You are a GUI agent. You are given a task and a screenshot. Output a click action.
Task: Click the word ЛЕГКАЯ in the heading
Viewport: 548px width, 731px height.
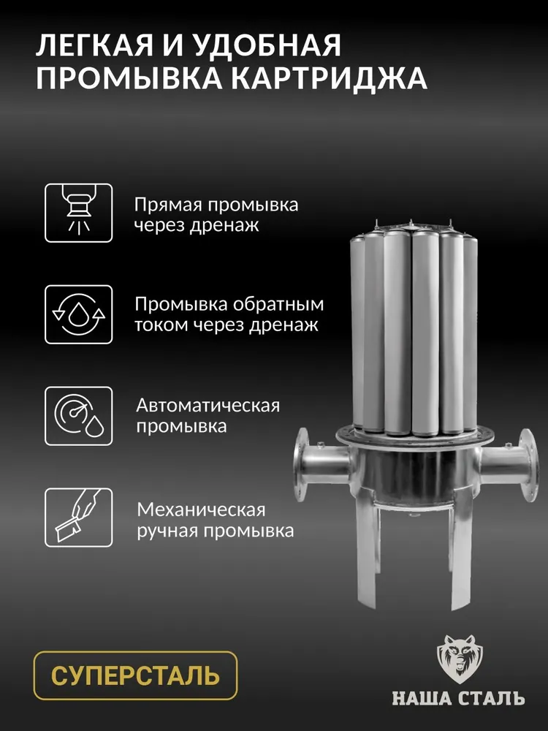(94, 45)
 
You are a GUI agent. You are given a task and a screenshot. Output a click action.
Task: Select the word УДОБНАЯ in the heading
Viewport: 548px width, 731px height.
(268, 46)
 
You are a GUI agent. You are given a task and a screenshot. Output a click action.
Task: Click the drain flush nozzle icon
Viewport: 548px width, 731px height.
(79, 213)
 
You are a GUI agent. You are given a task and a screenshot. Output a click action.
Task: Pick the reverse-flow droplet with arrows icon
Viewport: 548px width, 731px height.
(79, 314)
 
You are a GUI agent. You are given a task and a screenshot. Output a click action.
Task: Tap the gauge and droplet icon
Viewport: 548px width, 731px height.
(79, 416)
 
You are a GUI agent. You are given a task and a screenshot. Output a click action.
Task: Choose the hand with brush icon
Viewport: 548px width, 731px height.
(79, 518)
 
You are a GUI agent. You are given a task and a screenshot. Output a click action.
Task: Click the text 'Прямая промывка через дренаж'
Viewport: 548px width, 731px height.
(216, 215)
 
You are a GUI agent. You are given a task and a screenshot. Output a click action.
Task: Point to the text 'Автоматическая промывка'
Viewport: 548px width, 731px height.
(208, 416)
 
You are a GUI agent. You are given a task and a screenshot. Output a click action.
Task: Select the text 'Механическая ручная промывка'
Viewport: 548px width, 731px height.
(216, 520)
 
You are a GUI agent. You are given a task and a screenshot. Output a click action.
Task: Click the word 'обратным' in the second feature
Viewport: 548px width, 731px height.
(278, 304)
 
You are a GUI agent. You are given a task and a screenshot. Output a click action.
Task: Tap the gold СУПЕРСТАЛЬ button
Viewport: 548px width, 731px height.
(136, 675)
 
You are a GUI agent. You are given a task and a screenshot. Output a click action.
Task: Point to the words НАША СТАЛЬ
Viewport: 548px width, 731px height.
(459, 699)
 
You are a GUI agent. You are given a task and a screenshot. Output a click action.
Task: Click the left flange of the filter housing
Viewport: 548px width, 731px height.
(302, 464)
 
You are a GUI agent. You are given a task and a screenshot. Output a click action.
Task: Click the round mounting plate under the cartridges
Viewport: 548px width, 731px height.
(414, 437)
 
